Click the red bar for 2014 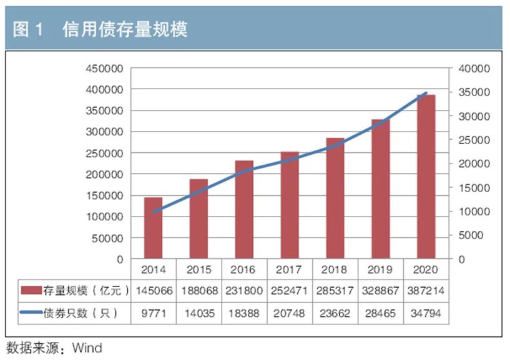tap(154, 228)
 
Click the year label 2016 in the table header tap(244, 270)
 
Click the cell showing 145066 tap(154, 291)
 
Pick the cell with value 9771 tap(154, 313)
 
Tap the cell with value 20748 tap(290, 313)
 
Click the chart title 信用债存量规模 tap(125, 29)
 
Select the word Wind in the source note tap(87, 348)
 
